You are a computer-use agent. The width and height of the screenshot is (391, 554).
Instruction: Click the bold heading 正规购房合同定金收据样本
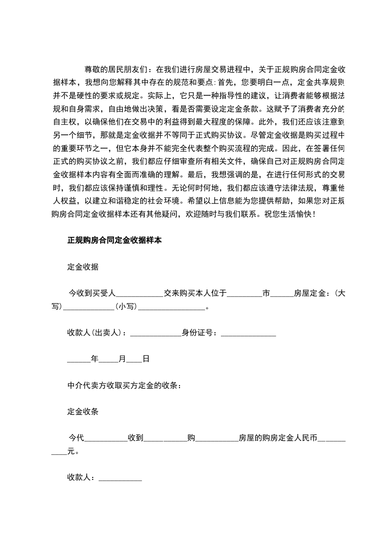[x=115, y=241]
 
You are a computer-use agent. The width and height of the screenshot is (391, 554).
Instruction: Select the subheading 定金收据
[x=83, y=267]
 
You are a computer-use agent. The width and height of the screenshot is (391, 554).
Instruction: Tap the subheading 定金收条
[x=83, y=411]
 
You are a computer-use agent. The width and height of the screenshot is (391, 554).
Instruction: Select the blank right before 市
[x=245, y=294]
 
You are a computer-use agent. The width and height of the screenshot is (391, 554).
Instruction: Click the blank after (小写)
[x=172, y=307]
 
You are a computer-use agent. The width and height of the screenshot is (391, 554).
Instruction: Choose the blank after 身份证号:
[x=249, y=334]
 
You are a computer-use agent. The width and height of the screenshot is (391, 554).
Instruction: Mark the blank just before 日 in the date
[x=134, y=360]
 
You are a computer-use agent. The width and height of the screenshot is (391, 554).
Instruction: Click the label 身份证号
[x=197, y=333]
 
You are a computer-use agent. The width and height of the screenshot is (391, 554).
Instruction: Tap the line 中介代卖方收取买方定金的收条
[x=124, y=385]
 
